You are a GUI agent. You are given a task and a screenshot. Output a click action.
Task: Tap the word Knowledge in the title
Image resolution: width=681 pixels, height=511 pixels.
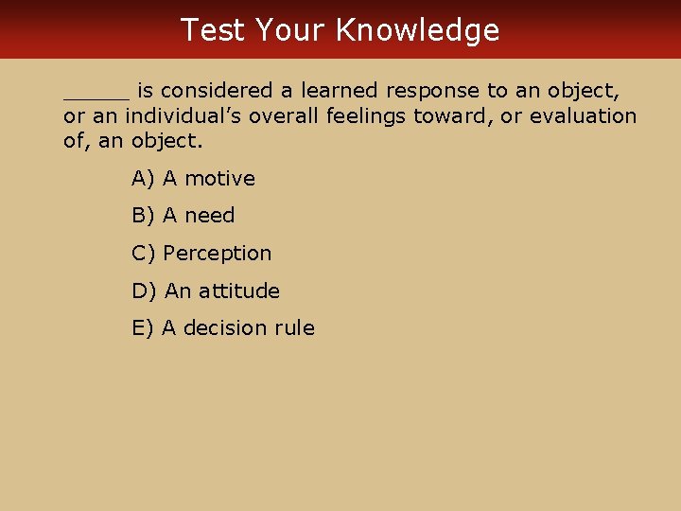coord(417,30)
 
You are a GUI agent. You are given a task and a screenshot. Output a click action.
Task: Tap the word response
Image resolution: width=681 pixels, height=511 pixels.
coord(433,92)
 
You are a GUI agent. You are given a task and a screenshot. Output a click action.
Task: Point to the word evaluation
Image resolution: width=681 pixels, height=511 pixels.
coord(584,116)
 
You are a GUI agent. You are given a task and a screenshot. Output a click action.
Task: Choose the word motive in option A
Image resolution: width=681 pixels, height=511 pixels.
coord(219,178)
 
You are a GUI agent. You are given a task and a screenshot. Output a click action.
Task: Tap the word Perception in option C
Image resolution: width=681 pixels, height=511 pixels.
coord(218,254)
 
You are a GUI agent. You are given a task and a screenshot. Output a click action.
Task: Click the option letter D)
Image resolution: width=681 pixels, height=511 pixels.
coord(145,291)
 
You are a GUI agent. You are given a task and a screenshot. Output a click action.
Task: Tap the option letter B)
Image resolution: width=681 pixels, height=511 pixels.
coord(144,216)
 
